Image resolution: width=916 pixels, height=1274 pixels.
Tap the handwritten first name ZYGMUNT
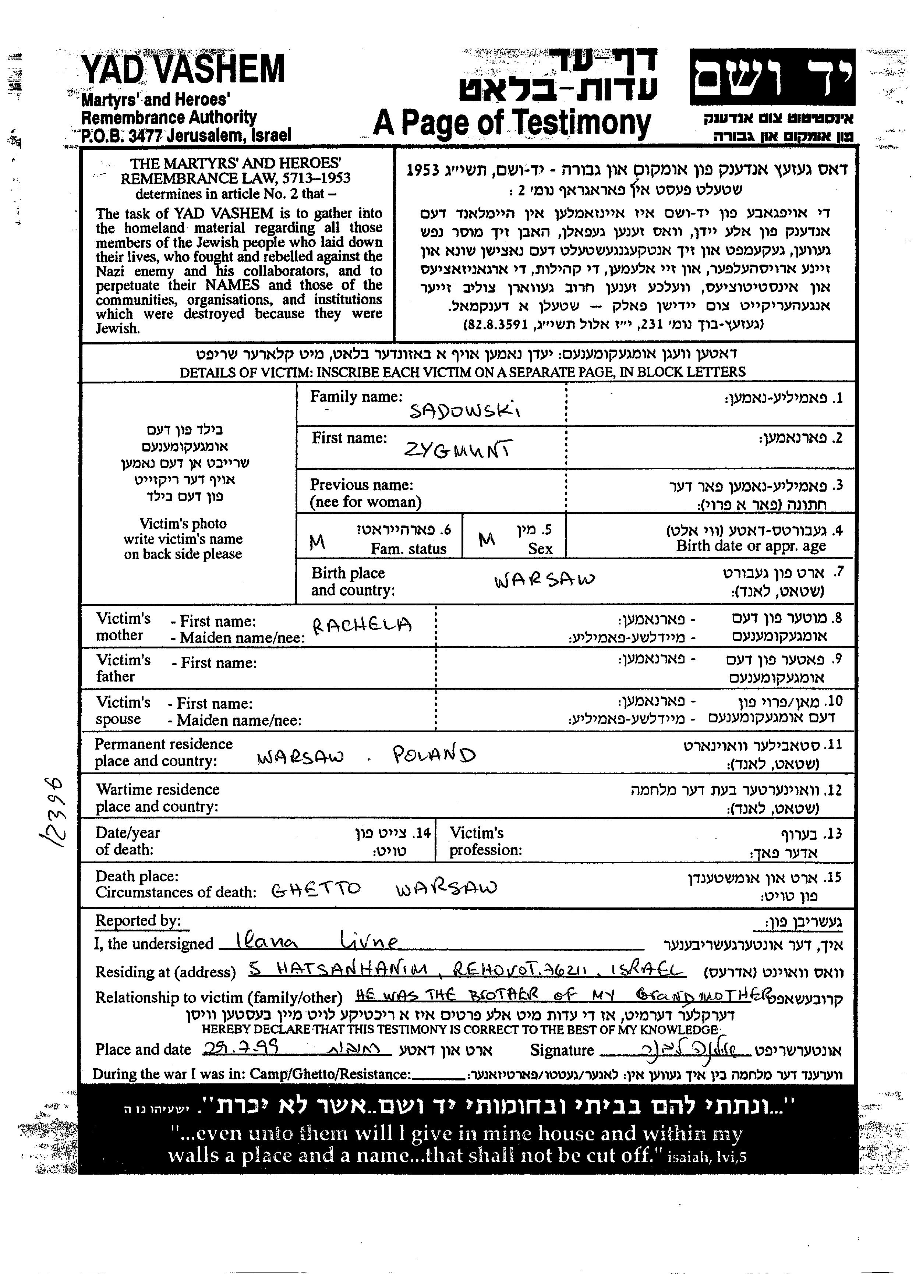coord(458,450)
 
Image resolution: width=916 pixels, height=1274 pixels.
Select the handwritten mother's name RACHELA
coord(362,624)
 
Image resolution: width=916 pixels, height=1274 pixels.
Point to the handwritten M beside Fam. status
coord(317,542)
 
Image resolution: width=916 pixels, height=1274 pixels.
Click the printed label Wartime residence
coord(157,789)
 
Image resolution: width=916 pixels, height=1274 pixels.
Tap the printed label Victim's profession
coord(485,841)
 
